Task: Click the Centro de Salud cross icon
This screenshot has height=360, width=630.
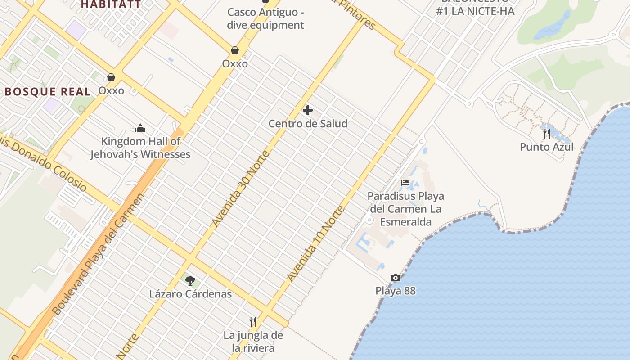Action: tap(308, 110)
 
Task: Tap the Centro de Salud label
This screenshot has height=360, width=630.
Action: tap(308, 124)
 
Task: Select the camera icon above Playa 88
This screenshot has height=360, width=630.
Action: tap(396, 278)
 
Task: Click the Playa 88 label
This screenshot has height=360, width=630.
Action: tap(396, 291)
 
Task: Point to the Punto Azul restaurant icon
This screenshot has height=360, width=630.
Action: tap(546, 133)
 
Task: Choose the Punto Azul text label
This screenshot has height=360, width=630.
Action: tap(546, 147)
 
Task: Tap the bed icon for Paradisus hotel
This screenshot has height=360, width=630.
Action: tap(405, 183)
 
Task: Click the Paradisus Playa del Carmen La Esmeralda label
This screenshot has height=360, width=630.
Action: tap(406, 209)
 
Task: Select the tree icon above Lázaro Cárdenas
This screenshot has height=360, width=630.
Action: tap(190, 281)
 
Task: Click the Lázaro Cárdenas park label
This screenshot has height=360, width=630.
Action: tap(190, 294)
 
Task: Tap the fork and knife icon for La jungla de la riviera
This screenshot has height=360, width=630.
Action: tap(253, 321)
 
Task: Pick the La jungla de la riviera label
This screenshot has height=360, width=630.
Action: tap(253, 342)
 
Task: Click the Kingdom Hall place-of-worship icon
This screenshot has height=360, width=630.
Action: tap(140, 128)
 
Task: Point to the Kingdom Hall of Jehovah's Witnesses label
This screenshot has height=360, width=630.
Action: tap(140, 148)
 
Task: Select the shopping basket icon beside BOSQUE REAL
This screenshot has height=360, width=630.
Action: tap(111, 77)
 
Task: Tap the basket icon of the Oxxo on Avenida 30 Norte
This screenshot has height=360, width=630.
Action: tap(234, 50)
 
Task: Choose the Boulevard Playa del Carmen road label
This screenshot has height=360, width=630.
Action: tap(98, 255)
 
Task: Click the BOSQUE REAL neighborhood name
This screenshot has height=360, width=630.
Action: tap(48, 92)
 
